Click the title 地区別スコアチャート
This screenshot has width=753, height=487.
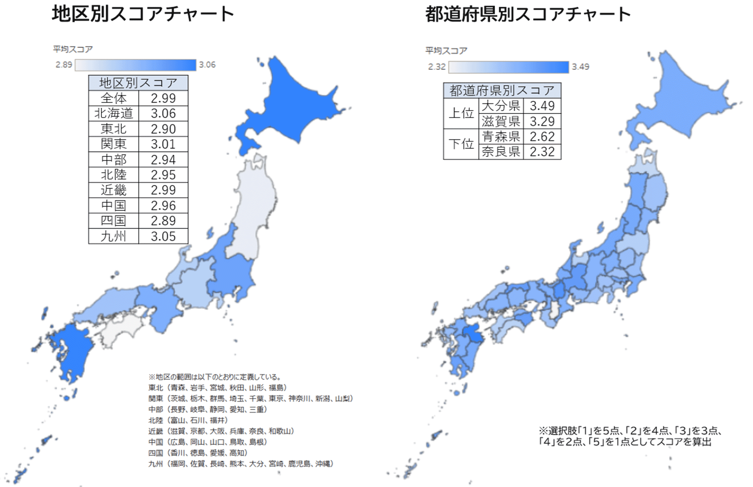coord(143,14)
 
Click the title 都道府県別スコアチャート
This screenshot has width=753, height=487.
coord(528,14)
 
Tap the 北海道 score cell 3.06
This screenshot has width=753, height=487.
coord(163,113)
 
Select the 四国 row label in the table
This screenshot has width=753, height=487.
coord(113,221)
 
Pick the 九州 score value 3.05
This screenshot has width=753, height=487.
coord(163,236)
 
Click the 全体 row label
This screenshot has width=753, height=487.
coord(113,98)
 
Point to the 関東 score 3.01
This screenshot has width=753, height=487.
coord(163,144)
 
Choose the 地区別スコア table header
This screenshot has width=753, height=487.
coord(138,83)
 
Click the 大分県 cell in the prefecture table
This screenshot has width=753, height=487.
coord(501,106)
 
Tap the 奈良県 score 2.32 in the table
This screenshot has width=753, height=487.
coord(542,152)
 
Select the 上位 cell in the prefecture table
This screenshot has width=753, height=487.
coord(461,113)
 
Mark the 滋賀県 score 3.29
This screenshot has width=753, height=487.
coord(542,121)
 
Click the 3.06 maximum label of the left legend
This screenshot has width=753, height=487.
coord(207,65)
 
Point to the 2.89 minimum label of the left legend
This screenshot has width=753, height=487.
coord(64,65)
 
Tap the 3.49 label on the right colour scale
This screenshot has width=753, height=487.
coord(580,67)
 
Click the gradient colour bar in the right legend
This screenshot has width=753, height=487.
coord(508,67)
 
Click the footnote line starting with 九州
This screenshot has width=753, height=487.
coord(241,464)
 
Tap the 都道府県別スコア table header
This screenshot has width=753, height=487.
coord(502,91)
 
